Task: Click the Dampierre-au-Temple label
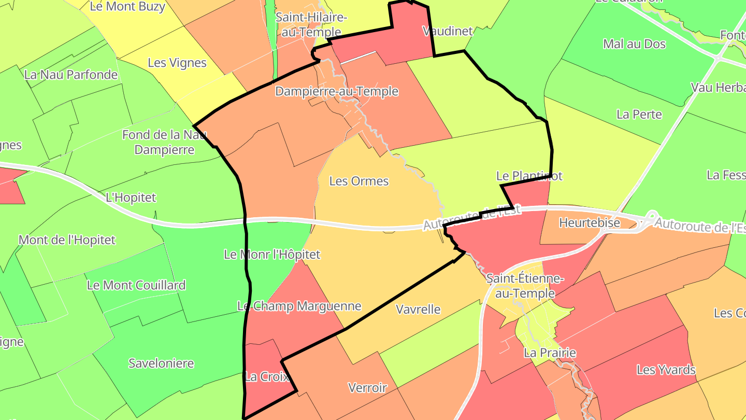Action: [337, 92]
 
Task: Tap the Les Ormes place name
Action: [359, 181]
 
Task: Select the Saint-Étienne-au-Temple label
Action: [525, 286]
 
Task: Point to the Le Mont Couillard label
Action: [136, 285]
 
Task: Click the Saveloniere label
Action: [161, 363]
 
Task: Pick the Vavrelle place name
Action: [418, 310]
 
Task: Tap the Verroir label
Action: [368, 387]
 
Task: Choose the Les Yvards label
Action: [666, 370]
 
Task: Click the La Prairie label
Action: [550, 353]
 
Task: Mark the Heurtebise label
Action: [590, 223]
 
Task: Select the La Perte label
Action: [639, 114]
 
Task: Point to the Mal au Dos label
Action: [634, 44]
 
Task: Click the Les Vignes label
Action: [177, 63]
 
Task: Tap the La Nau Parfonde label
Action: [71, 75]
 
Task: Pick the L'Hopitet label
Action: [131, 198]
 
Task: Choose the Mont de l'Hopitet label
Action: [67, 240]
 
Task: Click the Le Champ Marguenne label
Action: [299, 306]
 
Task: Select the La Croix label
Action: [267, 377]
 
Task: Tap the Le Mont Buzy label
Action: [127, 7]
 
